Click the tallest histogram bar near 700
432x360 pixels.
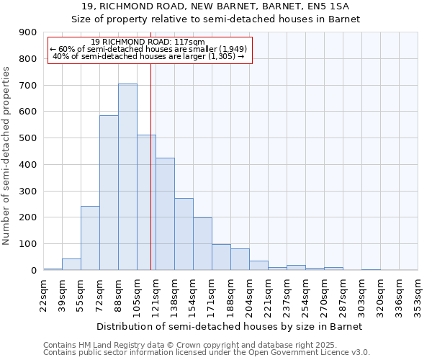tap(127, 176)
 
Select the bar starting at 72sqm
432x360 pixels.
tap(109, 192)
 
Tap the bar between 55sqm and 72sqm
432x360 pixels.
tap(90, 238)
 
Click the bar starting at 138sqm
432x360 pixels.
tap(184, 234)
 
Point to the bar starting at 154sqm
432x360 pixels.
tap(202, 243)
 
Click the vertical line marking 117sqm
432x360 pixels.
tap(150, 180)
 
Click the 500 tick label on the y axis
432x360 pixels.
tap(28, 138)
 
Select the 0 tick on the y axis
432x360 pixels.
tap(33, 270)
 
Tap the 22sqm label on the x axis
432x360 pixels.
tap(44, 293)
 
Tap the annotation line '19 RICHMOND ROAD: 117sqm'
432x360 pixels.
tap(149, 42)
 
